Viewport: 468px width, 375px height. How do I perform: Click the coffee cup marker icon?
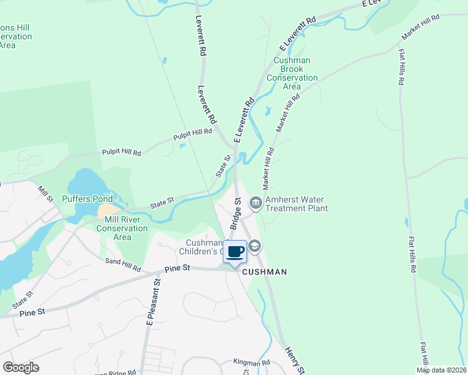[x=235, y=252]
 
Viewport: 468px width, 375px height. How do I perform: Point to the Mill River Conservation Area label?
[x=122, y=228]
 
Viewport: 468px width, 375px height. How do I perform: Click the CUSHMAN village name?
[x=264, y=272]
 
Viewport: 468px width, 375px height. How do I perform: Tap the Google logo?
[x=21, y=367]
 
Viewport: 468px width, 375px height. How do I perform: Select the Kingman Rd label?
[x=252, y=362]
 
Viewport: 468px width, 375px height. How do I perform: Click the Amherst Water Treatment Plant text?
[x=297, y=204]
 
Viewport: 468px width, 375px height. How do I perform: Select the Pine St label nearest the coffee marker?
[x=177, y=268]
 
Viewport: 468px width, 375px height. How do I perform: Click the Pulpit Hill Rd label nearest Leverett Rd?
[x=193, y=133]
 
